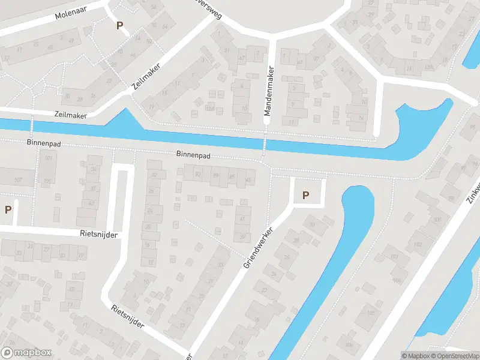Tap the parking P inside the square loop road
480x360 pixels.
coord(306,195)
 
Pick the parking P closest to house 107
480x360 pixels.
coord(8,209)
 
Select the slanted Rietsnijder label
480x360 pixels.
coord(128,316)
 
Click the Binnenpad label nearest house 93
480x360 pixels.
coord(193,154)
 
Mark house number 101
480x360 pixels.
coord(49,158)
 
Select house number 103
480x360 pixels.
coord(394,257)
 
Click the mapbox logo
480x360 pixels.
coord(26,353)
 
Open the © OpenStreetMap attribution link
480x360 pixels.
coord(454,356)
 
